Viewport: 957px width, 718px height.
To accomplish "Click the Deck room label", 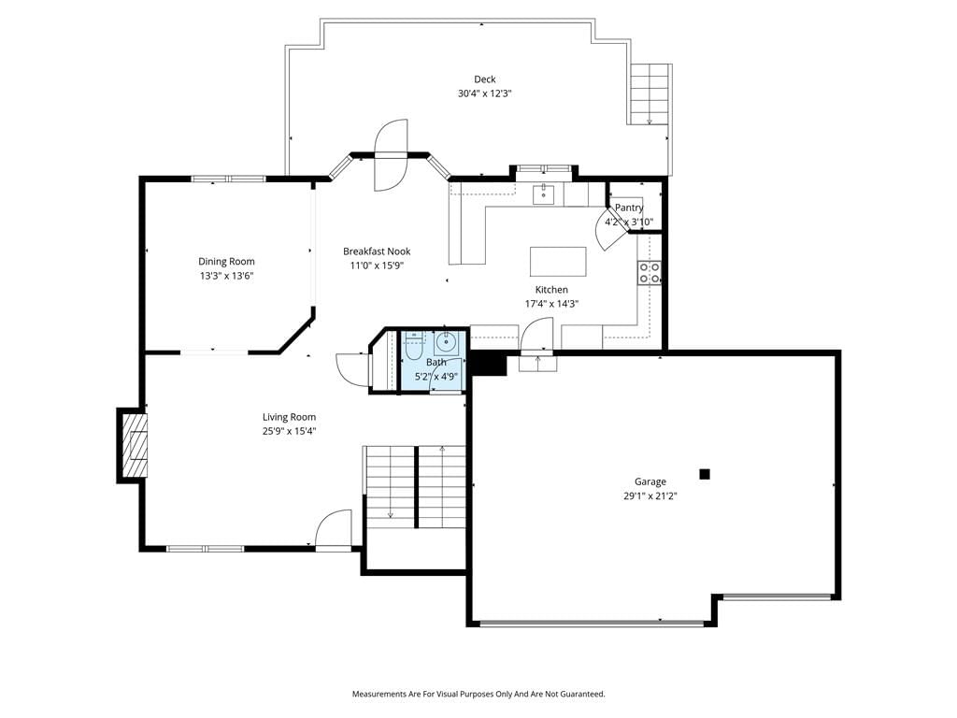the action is (x=485, y=79).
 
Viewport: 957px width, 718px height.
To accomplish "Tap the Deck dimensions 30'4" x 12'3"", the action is (x=485, y=94).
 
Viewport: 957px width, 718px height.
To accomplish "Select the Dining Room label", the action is (x=226, y=262).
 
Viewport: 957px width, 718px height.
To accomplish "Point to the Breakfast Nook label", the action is (x=377, y=251).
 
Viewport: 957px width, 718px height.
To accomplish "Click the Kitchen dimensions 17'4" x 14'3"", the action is (x=551, y=304).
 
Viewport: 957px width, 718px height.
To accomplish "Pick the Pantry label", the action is (x=629, y=208).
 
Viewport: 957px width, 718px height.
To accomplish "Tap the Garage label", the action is (x=650, y=481).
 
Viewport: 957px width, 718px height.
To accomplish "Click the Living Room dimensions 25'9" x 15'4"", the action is (x=290, y=432).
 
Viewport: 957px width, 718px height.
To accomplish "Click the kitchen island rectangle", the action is (x=558, y=262).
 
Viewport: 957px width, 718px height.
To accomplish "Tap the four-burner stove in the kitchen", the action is (x=650, y=272).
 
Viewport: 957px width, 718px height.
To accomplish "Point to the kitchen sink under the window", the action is (x=543, y=194).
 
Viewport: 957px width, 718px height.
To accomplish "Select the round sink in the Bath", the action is (x=446, y=342).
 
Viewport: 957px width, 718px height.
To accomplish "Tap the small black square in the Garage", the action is (x=705, y=474).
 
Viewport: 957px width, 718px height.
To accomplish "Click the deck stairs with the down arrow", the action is (x=650, y=94).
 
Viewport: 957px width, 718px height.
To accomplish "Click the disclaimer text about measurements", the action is (x=478, y=695).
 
